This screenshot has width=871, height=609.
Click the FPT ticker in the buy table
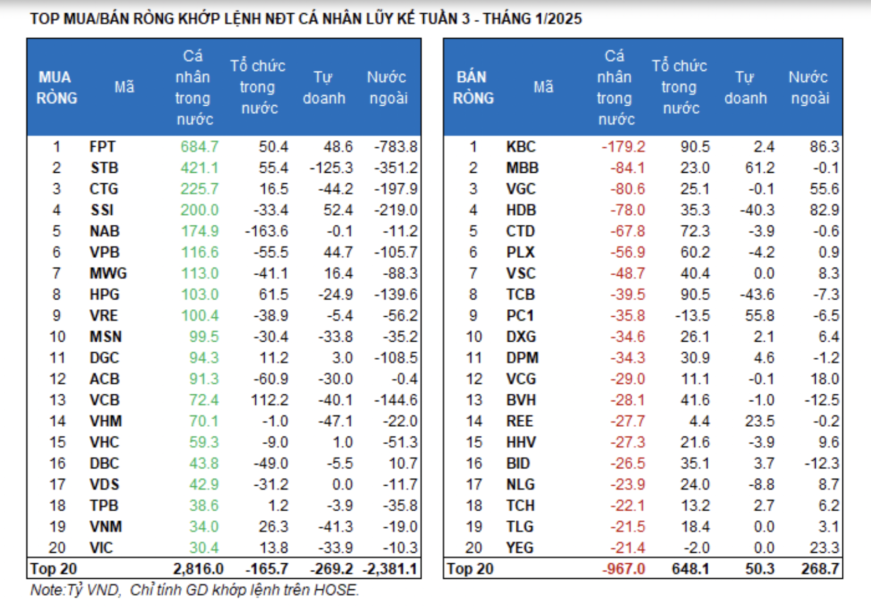(x=103, y=147)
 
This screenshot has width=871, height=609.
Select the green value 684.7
(x=199, y=147)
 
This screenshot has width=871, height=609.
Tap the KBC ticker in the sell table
(x=521, y=147)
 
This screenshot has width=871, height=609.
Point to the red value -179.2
(x=623, y=147)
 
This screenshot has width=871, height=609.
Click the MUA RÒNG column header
(x=56, y=88)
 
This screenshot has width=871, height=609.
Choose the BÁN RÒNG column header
(x=473, y=88)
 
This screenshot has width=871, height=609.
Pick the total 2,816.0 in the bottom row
(x=198, y=569)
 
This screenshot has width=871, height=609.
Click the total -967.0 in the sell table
(x=623, y=569)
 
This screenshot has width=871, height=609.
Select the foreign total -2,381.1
(x=390, y=569)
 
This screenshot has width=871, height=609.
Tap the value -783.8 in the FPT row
(x=396, y=147)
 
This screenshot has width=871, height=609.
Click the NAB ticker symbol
(x=104, y=231)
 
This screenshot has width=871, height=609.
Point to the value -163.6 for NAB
(x=266, y=231)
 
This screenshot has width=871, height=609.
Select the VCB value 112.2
(x=270, y=400)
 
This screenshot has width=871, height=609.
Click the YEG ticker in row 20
(x=520, y=548)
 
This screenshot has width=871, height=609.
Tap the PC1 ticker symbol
(x=520, y=316)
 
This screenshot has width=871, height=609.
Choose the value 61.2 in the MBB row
(x=760, y=168)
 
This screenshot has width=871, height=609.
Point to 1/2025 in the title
(x=559, y=19)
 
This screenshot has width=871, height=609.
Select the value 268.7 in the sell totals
(x=820, y=569)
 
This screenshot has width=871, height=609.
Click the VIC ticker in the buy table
(x=101, y=548)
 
